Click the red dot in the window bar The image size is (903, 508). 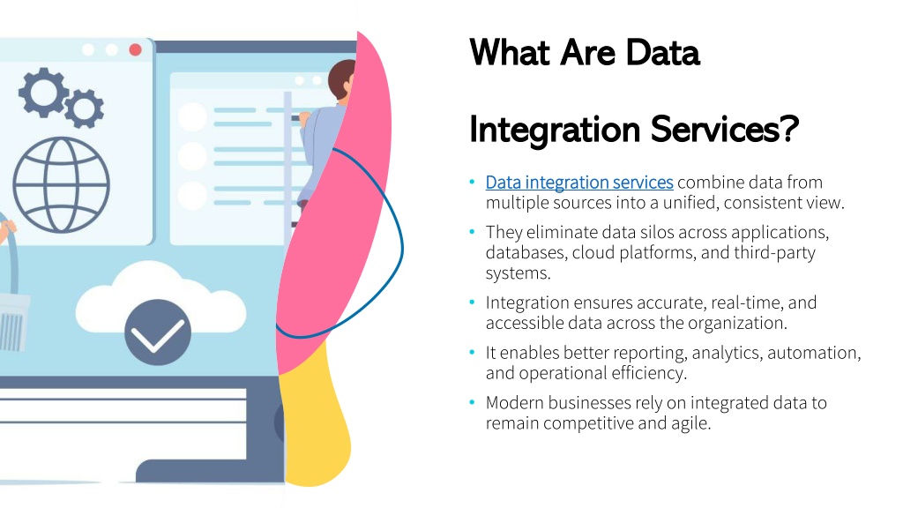(x=135, y=49)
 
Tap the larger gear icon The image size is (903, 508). (x=42, y=92)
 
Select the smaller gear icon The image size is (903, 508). (x=84, y=108)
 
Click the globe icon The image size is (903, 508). (x=62, y=184)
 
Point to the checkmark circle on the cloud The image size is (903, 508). (x=157, y=332)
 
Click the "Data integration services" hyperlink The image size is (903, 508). (x=579, y=183)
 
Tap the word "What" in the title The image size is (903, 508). (x=511, y=53)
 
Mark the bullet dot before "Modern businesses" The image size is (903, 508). (x=473, y=402)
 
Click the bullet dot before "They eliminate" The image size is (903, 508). (x=473, y=232)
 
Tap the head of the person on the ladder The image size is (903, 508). (x=342, y=78)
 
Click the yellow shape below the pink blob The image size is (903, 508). (x=315, y=421)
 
